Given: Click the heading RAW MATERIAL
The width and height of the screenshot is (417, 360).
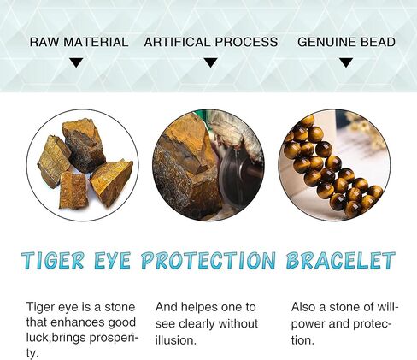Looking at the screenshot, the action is (x=79, y=42).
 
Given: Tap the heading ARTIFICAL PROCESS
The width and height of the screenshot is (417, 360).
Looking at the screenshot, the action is (x=211, y=42).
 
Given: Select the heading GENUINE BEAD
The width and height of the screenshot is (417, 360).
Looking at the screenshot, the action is (x=346, y=42).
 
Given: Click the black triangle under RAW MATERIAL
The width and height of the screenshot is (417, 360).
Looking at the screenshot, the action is (x=76, y=62).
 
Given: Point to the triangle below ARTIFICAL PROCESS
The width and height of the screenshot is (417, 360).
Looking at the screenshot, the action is (x=211, y=62).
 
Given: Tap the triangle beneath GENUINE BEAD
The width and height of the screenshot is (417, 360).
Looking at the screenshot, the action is (x=346, y=62).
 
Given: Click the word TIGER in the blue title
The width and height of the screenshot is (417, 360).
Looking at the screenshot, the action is (x=53, y=260).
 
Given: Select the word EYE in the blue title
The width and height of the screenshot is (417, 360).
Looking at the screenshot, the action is (x=113, y=260).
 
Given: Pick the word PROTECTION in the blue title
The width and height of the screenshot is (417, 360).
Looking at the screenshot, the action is (x=208, y=260).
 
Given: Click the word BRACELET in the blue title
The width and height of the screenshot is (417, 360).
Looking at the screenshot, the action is (x=341, y=260).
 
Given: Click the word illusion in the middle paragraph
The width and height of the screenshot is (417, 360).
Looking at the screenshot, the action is (x=175, y=340).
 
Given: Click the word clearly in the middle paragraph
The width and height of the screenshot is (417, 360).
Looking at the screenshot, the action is (x=197, y=324).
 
